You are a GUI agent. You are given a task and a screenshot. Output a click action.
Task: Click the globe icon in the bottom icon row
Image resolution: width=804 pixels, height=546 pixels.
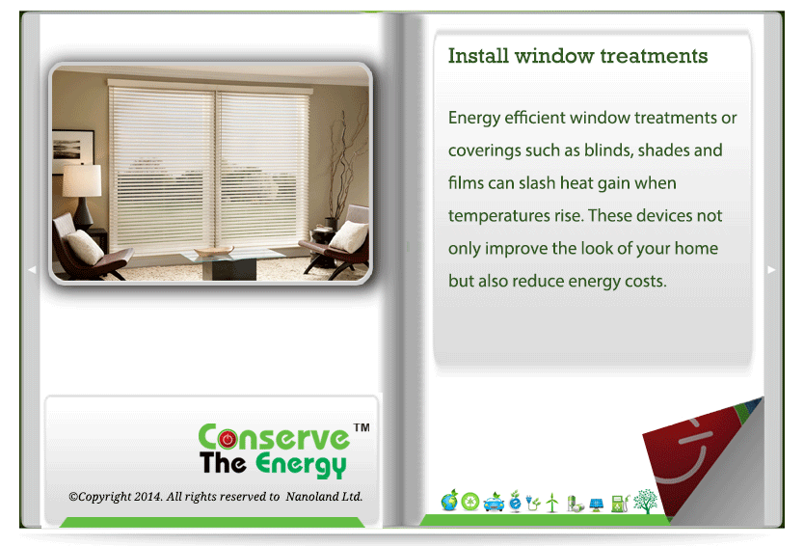[449, 501]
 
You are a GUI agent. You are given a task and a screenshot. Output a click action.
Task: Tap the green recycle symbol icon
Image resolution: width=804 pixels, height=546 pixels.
[469, 502]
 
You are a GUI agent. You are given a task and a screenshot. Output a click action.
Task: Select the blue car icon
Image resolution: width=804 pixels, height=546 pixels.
[494, 503]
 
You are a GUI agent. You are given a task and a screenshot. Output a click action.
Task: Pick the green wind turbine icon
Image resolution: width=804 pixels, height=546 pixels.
[552, 503]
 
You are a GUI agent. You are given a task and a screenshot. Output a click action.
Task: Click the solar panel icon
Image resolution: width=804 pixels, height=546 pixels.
[597, 505]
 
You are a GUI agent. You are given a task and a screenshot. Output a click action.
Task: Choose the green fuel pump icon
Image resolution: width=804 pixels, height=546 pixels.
[620, 503]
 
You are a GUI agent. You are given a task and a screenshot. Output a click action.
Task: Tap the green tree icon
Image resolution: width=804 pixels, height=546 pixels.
[645, 501]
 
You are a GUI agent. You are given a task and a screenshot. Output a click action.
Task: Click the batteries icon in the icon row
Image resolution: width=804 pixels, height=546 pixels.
[575, 504]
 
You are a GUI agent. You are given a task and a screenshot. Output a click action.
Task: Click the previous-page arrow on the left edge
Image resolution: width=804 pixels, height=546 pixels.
[32, 269]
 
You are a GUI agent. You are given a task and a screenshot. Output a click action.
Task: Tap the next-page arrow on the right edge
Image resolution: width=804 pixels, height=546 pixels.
[771, 269]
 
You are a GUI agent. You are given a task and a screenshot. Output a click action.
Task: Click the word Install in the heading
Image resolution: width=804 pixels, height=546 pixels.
[478, 55]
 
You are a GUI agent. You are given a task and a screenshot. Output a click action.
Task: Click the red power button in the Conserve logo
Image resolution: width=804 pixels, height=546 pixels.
[228, 439]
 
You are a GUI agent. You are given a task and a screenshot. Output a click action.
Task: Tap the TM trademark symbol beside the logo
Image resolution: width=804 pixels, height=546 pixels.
[362, 427]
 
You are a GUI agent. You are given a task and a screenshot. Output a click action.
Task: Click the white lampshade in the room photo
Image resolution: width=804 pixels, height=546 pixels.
[82, 180]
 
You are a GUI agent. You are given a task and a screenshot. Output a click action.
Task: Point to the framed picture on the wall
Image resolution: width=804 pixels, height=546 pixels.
[73, 151]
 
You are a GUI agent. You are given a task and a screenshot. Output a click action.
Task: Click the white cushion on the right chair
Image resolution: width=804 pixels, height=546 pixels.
[349, 236]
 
